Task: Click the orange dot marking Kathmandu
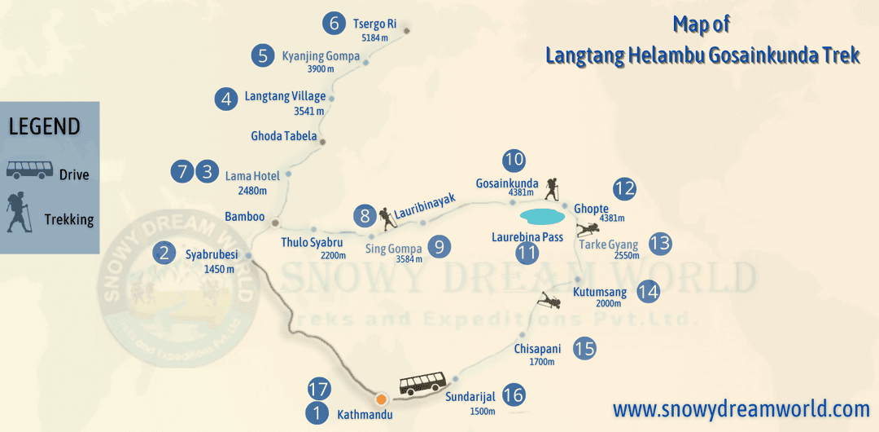pos(381,399)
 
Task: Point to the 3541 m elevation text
pos(308,111)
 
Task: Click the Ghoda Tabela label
pos(284,136)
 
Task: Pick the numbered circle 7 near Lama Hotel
pos(182,172)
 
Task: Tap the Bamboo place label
pos(245,216)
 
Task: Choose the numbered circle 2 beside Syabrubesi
pos(165,253)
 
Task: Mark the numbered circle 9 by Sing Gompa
pos(439,246)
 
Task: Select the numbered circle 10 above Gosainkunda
pos(514,160)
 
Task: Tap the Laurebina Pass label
pos(527,237)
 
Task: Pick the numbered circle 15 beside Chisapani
pos(584,349)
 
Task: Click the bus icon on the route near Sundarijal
pos(422,383)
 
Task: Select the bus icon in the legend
pos(30,171)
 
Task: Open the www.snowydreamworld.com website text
pos(741,408)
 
